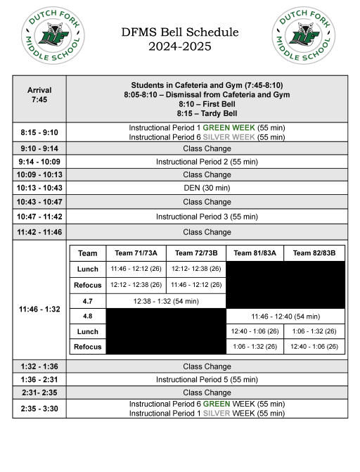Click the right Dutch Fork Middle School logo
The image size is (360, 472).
[x=304, y=37]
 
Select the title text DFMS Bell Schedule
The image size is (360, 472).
[x=180, y=32]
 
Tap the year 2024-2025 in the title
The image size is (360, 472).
[x=180, y=46]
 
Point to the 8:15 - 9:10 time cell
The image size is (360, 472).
[x=39, y=132]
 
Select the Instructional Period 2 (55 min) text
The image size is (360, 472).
[x=207, y=162]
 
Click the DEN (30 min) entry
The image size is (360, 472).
[x=207, y=188]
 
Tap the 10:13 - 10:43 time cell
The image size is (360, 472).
[x=39, y=188]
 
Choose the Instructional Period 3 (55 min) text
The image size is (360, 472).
[x=207, y=217]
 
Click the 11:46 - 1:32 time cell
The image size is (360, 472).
[x=39, y=308]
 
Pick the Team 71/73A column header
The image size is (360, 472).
[x=136, y=253]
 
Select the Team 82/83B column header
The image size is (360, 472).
[x=314, y=253]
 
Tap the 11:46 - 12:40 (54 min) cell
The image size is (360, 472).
[x=285, y=317]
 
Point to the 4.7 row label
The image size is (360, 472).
[x=88, y=301]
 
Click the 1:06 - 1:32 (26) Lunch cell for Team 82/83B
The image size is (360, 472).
[x=314, y=331]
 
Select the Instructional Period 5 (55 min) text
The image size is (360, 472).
[x=207, y=379]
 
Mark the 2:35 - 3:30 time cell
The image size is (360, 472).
[x=39, y=409]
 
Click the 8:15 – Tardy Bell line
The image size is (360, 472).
[x=207, y=113]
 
